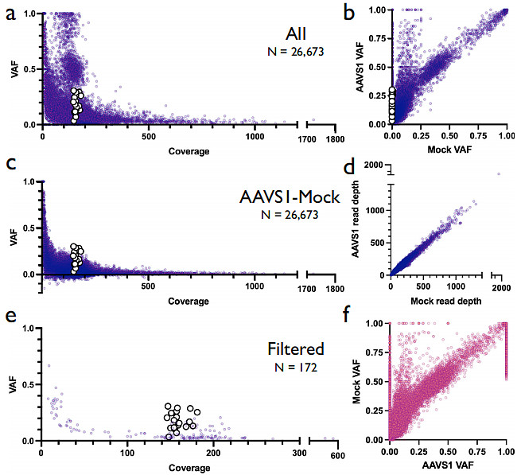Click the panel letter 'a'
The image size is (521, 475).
tap(10, 15)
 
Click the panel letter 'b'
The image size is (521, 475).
tap(349, 14)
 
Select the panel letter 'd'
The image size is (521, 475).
tap(349, 167)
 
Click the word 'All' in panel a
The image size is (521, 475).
tap(296, 34)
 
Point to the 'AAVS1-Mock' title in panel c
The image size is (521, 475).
tap(290, 197)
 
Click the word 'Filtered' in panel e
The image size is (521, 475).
tap(296, 349)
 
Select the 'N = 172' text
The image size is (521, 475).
tap(296, 368)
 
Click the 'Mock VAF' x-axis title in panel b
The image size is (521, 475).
tap(449, 150)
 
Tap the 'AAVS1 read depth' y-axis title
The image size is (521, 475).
tap(356, 219)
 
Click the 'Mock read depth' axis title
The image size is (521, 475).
tap(446, 302)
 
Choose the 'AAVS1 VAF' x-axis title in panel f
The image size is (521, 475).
tap(448, 465)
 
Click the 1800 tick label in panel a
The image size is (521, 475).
tap(335, 139)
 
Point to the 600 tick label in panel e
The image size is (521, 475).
tap(337, 455)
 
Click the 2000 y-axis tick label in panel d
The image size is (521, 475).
tap(374, 165)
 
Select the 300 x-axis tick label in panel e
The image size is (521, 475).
tap(299, 453)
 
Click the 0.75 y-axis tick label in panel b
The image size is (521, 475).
tap(378, 38)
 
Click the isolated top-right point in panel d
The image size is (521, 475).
tap(499, 173)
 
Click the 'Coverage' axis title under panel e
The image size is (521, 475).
tap(189, 468)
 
